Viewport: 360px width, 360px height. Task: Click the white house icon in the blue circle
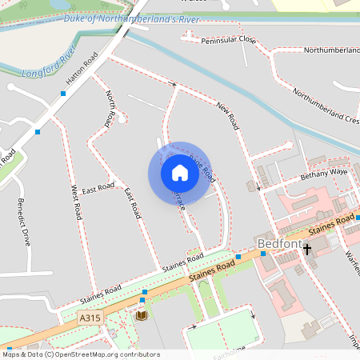[x=179, y=172]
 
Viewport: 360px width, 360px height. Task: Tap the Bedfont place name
[x=277, y=242]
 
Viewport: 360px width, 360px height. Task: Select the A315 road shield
[x=90, y=318]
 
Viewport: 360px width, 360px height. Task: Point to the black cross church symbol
[x=306, y=250]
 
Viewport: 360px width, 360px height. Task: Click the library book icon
[x=142, y=315]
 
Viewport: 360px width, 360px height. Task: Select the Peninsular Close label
[x=229, y=39]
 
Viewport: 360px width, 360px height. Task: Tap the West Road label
[x=77, y=202]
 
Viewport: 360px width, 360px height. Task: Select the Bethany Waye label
[x=324, y=172]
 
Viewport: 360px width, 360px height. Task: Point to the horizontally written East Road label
[x=98, y=187]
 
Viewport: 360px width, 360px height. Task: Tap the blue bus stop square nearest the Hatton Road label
[x=62, y=94]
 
